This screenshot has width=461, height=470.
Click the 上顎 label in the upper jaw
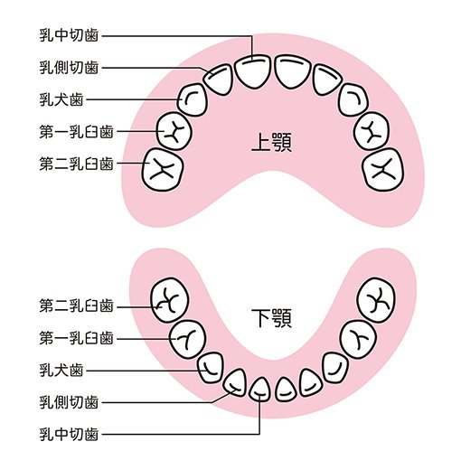click(271, 142)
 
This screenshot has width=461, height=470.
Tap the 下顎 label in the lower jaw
click(271, 318)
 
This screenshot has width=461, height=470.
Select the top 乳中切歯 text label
click(69, 35)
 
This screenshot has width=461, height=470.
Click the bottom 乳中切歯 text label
click(69, 434)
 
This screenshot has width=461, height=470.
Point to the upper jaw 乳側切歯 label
click(69, 68)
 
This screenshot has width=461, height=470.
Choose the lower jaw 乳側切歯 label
click(69, 402)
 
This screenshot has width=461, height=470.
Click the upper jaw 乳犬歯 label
click(61, 99)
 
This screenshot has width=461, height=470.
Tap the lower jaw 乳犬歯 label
click(61, 371)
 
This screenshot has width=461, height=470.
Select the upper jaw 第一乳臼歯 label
click(76, 132)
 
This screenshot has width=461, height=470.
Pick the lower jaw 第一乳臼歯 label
click(76, 338)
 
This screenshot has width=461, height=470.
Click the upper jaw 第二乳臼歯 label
click(76, 164)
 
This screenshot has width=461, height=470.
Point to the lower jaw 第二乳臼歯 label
click(76, 305)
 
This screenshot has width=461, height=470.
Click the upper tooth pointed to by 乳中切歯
click(252, 71)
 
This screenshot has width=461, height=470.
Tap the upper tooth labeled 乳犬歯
click(193, 100)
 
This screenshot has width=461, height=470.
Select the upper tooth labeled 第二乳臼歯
click(163, 170)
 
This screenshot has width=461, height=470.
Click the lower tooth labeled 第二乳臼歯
click(170, 300)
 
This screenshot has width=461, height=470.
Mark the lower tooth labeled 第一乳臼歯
click(187, 340)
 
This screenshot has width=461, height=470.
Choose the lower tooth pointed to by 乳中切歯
click(259, 390)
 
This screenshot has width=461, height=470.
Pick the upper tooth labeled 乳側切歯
click(218, 80)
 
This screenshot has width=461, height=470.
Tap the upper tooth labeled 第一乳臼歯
click(174, 132)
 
